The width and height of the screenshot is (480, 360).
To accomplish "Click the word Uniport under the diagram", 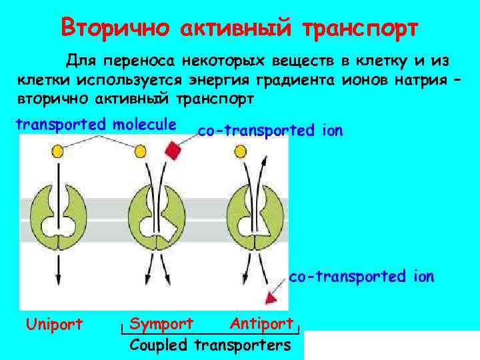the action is point(54,324).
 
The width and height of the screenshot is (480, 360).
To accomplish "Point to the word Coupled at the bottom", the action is point(159,345).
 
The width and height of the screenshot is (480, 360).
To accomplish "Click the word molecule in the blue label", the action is point(145,125).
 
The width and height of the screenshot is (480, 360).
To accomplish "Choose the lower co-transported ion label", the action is point(361,275).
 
